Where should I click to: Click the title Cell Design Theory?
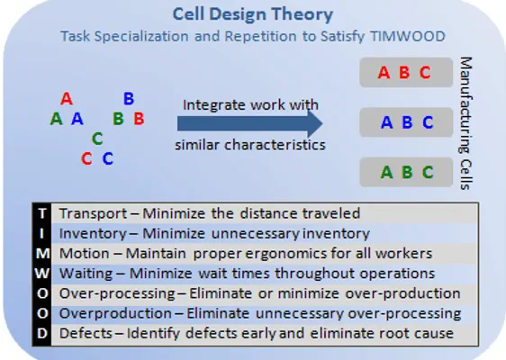[x=253, y=14]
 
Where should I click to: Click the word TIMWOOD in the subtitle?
[x=408, y=36]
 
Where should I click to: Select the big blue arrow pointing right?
[x=249, y=123]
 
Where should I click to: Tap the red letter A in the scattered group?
[x=67, y=98]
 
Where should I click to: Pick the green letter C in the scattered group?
[x=97, y=139]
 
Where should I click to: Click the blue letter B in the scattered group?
[x=129, y=98]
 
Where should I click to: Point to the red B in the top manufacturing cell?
[x=404, y=73]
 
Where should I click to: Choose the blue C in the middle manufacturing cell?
[x=428, y=122]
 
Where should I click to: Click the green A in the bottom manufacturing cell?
[x=386, y=172]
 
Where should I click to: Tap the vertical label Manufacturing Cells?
[x=465, y=123]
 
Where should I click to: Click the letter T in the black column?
[x=42, y=213]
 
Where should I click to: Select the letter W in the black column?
[x=42, y=274]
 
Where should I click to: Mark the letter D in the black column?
[x=42, y=333]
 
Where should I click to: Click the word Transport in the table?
[x=94, y=214]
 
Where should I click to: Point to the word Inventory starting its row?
[x=93, y=234]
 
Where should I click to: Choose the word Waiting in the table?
[x=86, y=274]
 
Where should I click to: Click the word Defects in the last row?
[x=86, y=334]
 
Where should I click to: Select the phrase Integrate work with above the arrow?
[x=250, y=104]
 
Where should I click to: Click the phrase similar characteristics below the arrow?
[x=250, y=145]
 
